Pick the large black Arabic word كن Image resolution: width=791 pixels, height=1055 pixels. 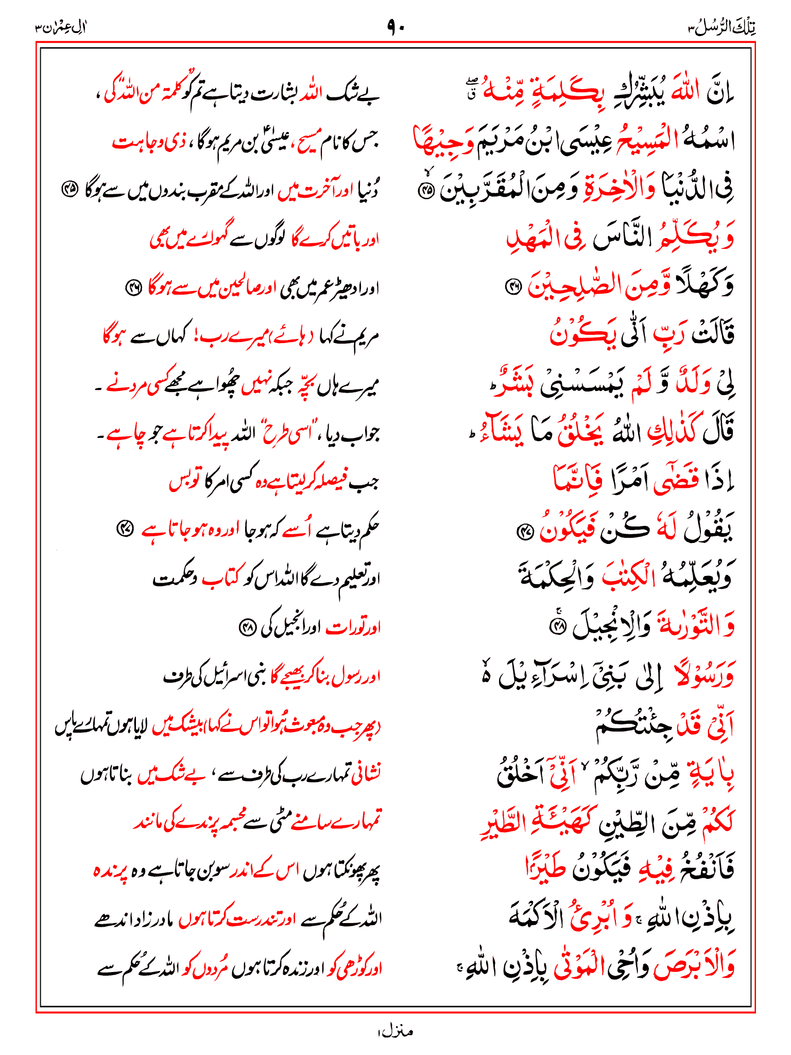point(618,529)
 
